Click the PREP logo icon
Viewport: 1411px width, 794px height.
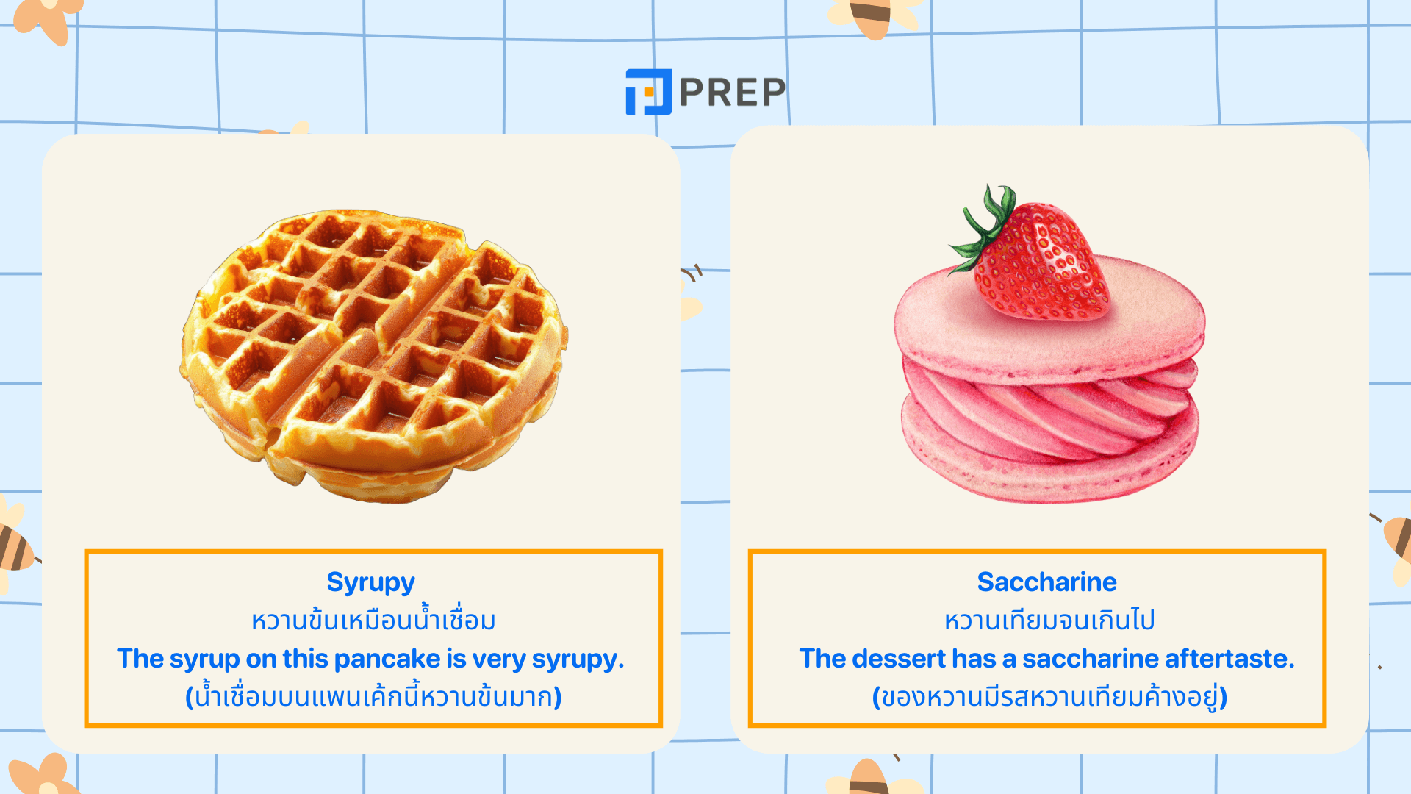point(648,92)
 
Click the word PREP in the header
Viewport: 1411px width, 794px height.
point(733,92)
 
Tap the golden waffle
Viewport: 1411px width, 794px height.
point(374,356)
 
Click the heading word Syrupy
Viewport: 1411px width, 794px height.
point(371,582)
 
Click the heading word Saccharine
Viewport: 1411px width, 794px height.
point(1046,582)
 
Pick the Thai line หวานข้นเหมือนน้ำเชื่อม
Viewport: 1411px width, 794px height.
point(373,619)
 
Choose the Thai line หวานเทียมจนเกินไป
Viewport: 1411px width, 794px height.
point(1049,620)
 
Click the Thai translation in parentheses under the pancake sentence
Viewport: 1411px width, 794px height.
point(373,695)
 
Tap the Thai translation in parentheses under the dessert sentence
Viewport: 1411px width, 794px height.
point(1049,696)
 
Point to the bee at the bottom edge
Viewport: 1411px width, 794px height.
point(872,778)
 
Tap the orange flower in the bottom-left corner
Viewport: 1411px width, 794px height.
point(46,775)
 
